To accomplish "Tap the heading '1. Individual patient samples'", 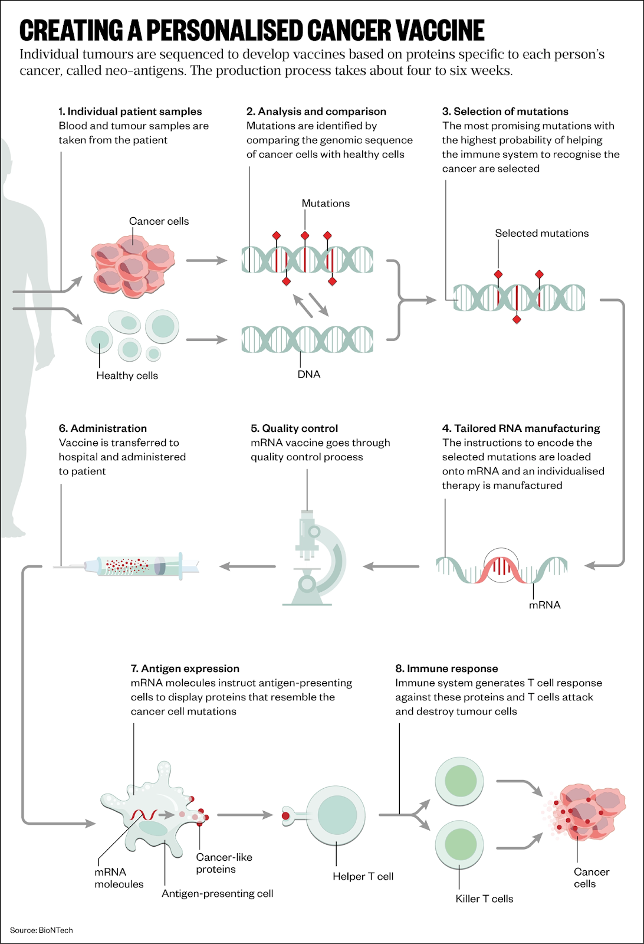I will coord(130,112).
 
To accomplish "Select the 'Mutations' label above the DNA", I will coord(326,204).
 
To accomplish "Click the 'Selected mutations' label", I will coord(541,234).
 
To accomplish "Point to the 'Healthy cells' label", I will coord(127,376).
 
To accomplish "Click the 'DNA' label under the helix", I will coord(308,375).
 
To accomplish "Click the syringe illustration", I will coord(136,566).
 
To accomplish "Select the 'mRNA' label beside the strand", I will coord(544,605).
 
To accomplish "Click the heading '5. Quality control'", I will coord(294,429).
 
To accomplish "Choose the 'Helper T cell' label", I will coord(363,877).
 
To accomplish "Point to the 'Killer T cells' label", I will coord(484,899).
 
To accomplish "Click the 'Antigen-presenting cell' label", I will coord(217,894).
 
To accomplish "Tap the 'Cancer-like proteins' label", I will coord(224,863).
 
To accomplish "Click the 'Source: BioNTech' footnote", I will coord(41,930).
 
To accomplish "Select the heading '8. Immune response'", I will coord(446,669).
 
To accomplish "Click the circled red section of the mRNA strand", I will coord(501,566).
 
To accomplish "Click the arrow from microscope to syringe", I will coord(248,566).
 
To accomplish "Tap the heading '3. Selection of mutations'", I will coord(505,112).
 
